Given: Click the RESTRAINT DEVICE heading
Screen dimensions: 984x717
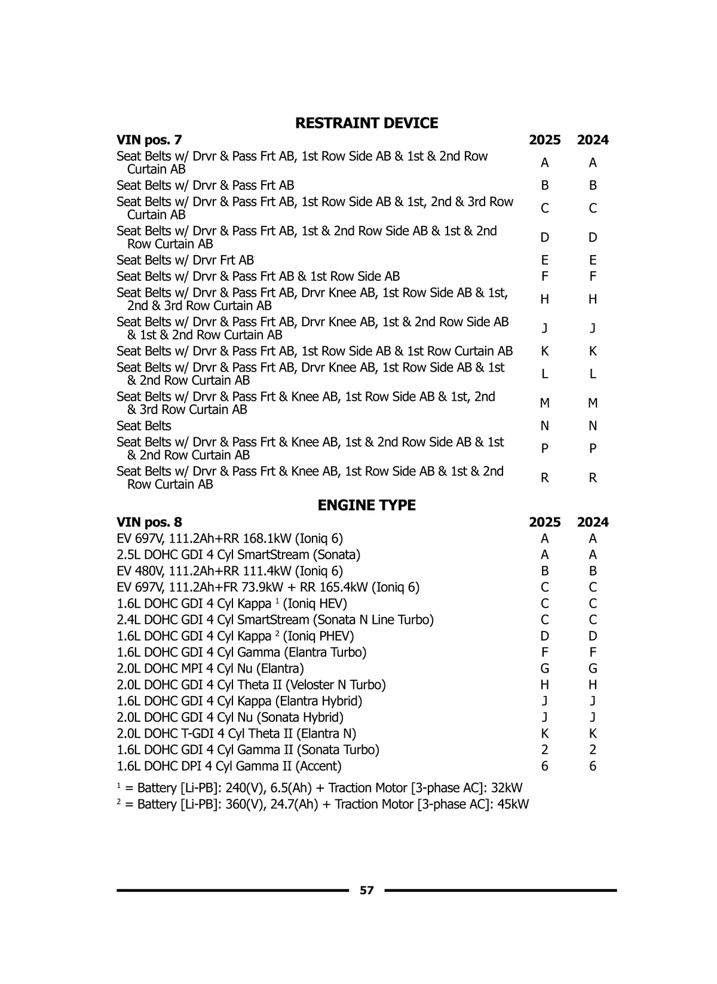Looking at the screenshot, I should pyautogui.click(x=366, y=123).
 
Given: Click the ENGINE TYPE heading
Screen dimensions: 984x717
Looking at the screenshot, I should pyautogui.click(x=366, y=505).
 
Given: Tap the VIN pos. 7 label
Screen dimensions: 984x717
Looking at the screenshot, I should pyautogui.click(x=149, y=140).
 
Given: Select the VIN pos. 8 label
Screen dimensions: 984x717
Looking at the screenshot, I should pyautogui.click(x=149, y=522).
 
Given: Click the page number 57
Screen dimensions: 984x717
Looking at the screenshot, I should pyautogui.click(x=367, y=890).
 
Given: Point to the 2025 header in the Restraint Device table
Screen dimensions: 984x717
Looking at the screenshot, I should pyautogui.click(x=544, y=140).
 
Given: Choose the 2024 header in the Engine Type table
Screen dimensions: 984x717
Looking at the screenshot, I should pyautogui.click(x=592, y=522).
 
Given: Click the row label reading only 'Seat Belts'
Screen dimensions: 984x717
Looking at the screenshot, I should pyautogui.click(x=144, y=426).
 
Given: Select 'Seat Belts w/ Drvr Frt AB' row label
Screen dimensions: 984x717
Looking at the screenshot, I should pyautogui.click(x=185, y=260).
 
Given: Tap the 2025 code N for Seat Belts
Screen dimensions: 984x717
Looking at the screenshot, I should pyautogui.click(x=544, y=426).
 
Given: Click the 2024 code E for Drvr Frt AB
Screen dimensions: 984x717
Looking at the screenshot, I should pyautogui.click(x=592, y=260).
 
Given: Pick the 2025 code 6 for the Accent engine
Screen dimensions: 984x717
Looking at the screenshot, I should pyautogui.click(x=544, y=766).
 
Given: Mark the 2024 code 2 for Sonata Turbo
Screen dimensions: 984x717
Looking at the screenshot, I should pyautogui.click(x=592, y=750).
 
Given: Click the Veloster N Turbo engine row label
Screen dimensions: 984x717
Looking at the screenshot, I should pyautogui.click(x=251, y=685).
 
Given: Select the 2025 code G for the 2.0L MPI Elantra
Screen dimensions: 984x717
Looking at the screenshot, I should pyautogui.click(x=544, y=669).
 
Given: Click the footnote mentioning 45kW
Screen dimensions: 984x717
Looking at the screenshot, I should pyautogui.click(x=323, y=804).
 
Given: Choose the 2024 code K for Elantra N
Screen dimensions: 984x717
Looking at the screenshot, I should pyautogui.click(x=592, y=734).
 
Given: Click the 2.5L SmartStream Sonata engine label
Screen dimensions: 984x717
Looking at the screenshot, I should pyautogui.click(x=238, y=554).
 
